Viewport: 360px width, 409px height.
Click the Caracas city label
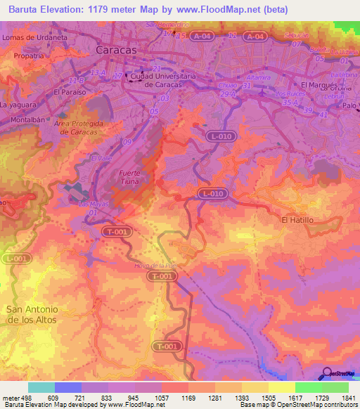click(117, 51)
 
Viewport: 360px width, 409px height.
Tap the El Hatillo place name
click(297, 219)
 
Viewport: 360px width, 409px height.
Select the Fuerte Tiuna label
click(134, 177)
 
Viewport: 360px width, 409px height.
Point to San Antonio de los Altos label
click(31, 313)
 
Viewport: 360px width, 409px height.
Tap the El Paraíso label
click(70, 91)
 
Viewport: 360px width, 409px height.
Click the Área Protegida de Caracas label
click(78, 127)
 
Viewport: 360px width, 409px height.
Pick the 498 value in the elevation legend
click(22, 397)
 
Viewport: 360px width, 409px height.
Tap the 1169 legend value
click(187, 397)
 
